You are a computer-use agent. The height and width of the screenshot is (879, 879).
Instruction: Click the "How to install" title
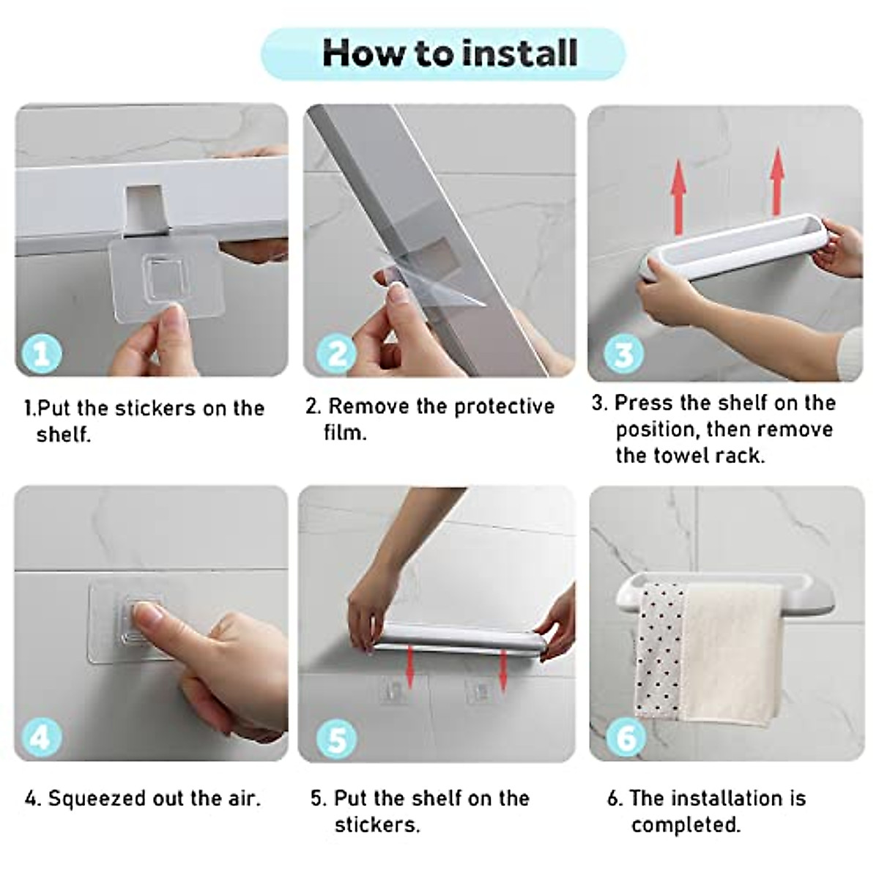coord(450,53)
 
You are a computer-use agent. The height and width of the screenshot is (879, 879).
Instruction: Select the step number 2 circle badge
coord(336,354)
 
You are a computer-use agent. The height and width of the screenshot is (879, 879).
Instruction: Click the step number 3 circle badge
coord(623,354)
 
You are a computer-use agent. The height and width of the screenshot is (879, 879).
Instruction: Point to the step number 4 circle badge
coord(41,735)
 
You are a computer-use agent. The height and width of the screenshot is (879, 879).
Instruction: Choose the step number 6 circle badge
coord(626,736)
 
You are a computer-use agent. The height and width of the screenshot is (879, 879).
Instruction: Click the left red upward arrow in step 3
coord(678,188)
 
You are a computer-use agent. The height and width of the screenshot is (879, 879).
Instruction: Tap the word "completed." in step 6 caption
coord(686,825)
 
